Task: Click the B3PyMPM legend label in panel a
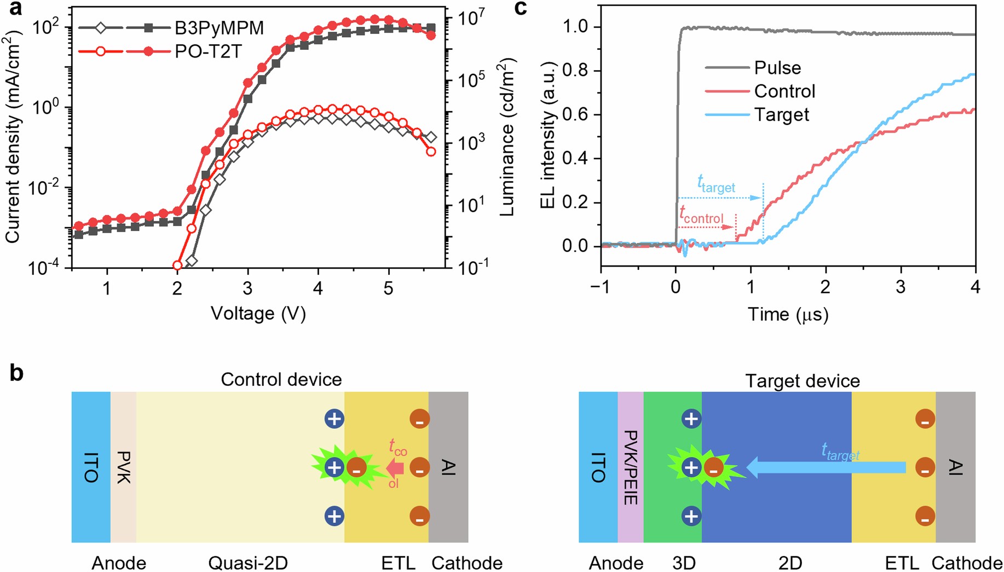point(219,27)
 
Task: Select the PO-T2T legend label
point(208,51)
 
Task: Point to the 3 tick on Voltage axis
point(248,288)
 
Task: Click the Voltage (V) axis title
point(258,314)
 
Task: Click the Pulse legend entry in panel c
point(777,68)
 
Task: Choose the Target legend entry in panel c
point(781,115)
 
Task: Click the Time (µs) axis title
point(788,314)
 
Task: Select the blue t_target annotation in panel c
point(716,184)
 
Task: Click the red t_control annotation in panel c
point(701,215)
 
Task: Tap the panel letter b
point(16,373)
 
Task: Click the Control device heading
point(281,380)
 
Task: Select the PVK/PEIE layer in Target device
point(630,467)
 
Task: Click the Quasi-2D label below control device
point(248,563)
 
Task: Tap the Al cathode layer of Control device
point(448,467)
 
